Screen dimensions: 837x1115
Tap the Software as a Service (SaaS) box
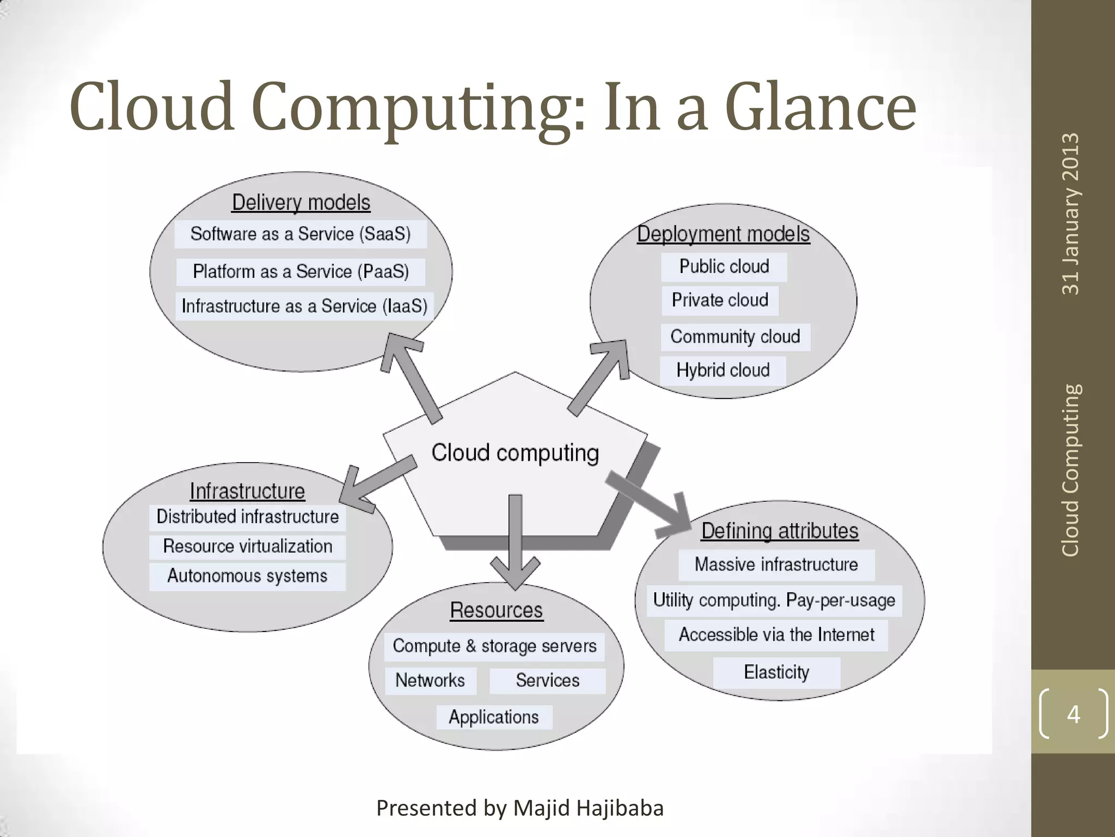tap(301, 234)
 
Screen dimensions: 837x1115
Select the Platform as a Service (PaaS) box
tap(301, 271)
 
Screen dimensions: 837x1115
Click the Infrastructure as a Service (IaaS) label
tap(304, 306)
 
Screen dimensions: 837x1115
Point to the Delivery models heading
tap(301, 202)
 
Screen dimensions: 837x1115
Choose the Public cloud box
tap(724, 266)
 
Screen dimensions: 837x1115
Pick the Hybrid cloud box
tap(722, 370)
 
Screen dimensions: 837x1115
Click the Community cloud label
tap(735, 336)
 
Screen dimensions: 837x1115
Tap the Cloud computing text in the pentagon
tap(515, 453)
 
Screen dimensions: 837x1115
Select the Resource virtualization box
tap(247, 546)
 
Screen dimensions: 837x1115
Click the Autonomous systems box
tap(247, 576)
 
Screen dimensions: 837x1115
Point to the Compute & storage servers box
tap(494, 646)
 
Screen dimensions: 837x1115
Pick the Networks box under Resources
tap(430, 680)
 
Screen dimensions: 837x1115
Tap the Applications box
tap(494, 717)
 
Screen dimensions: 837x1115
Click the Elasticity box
tap(776, 672)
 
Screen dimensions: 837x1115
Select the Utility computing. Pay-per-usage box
tap(774, 600)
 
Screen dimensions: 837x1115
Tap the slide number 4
tap(1073, 714)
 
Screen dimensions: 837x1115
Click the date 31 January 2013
tap(1070, 214)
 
